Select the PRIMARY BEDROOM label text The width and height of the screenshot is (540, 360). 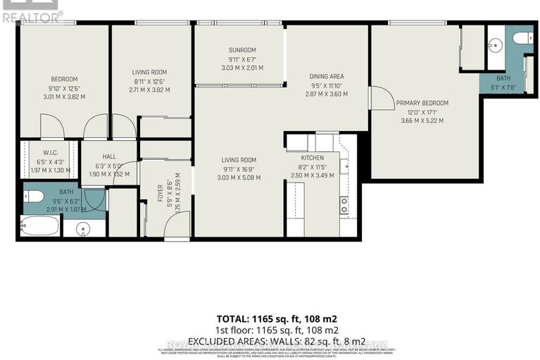[422, 103]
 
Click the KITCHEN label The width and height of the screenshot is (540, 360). [311, 158]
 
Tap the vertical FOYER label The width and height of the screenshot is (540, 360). [159, 192]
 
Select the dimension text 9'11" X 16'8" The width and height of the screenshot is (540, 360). [239, 168]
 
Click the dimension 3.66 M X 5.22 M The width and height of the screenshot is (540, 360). [422, 120]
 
